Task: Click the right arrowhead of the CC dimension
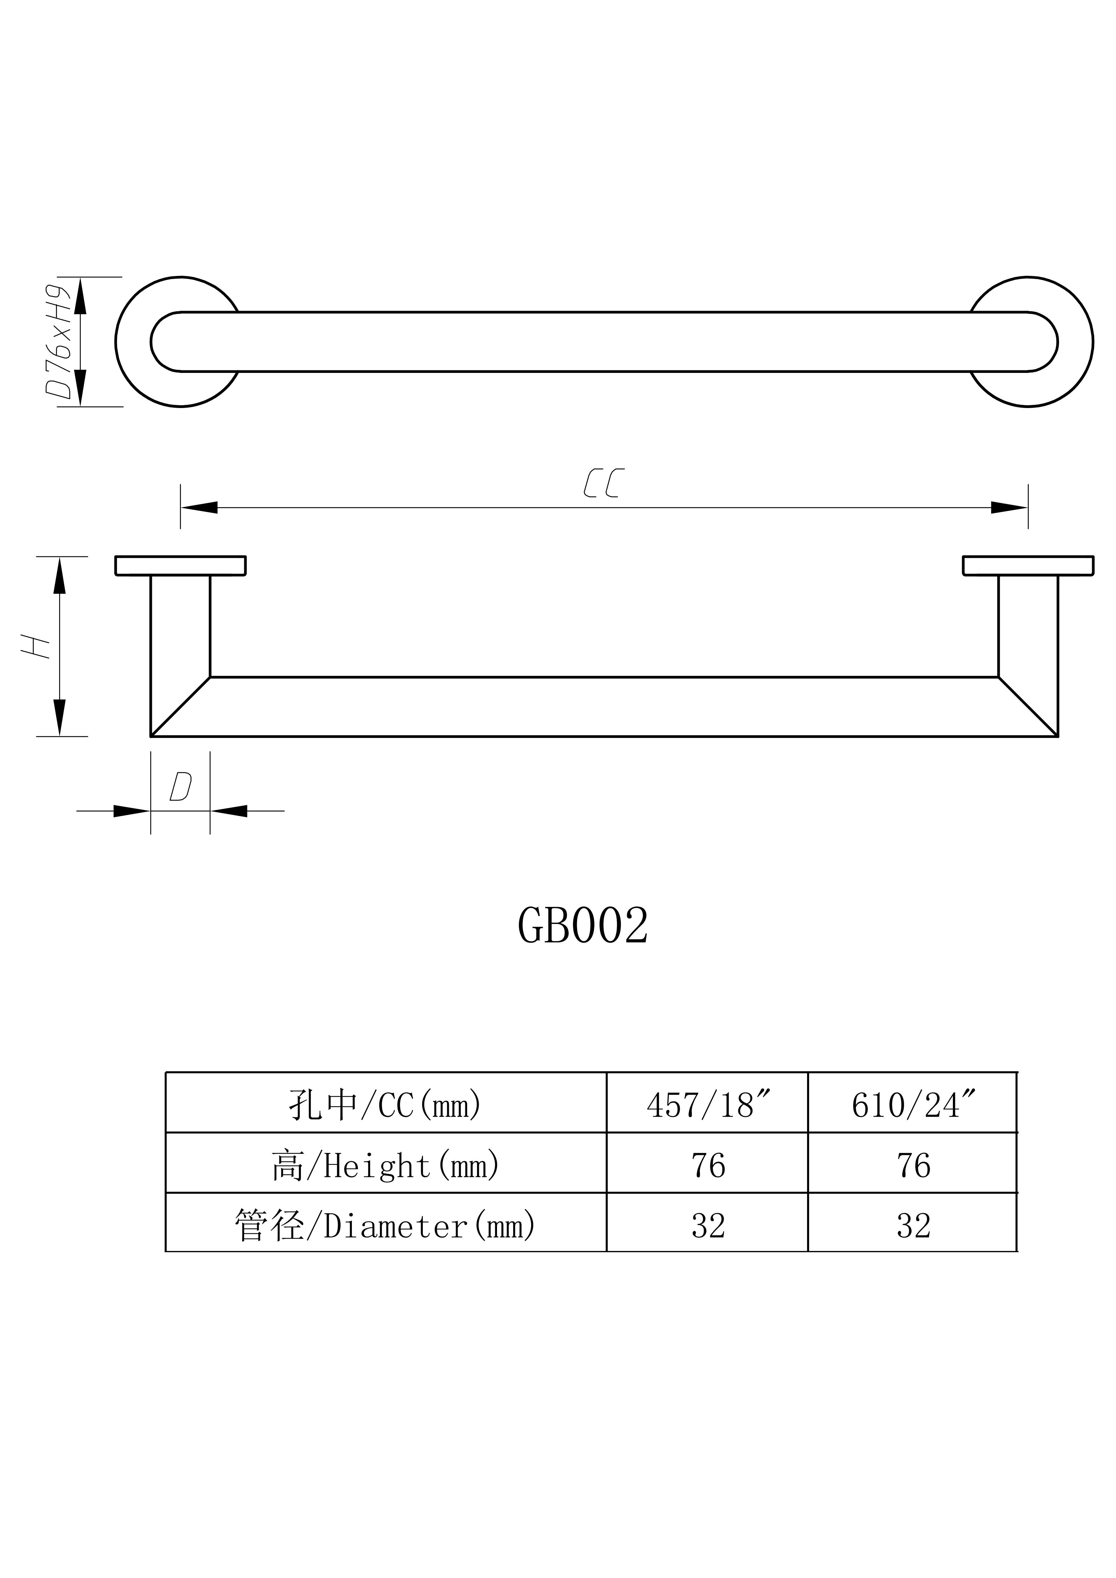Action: click(x=1009, y=508)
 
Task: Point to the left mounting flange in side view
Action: click(x=180, y=565)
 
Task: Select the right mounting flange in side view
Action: click(x=1028, y=565)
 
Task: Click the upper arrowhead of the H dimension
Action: click(x=60, y=575)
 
